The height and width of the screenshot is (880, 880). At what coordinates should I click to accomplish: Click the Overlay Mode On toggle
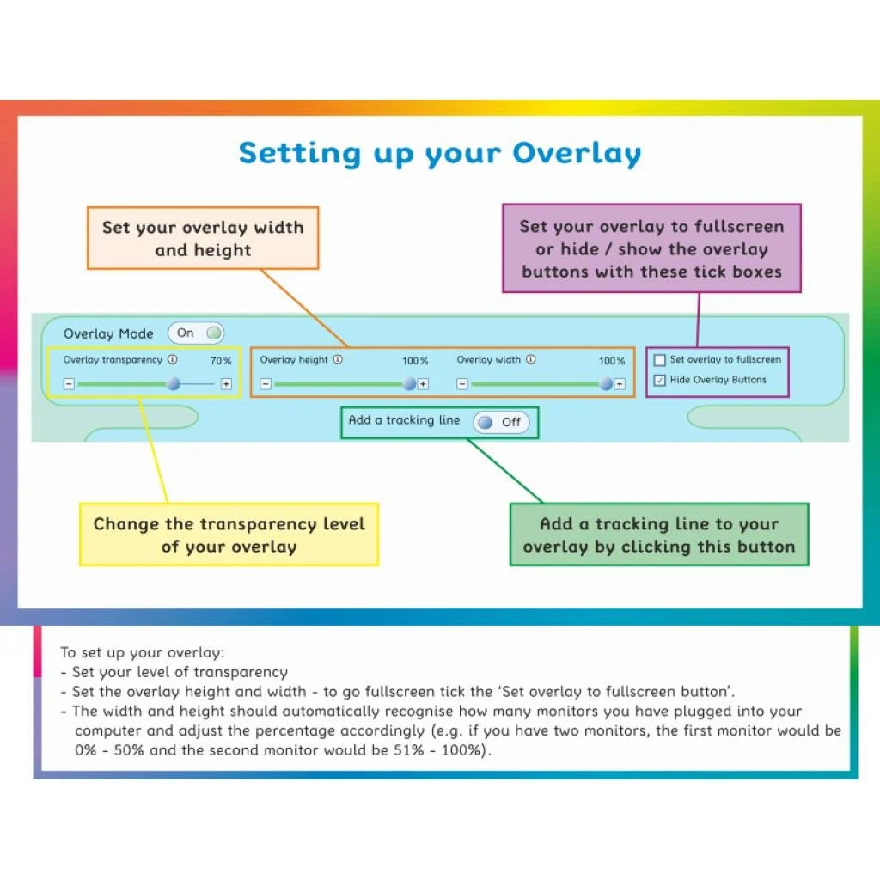tap(196, 333)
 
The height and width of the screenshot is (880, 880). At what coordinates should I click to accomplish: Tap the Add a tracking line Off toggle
tap(501, 422)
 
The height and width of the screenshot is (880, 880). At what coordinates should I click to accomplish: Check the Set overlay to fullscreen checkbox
tap(660, 360)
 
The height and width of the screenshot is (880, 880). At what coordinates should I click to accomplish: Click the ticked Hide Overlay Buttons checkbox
tap(660, 381)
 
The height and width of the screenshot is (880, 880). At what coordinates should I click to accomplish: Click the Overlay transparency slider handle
tap(174, 384)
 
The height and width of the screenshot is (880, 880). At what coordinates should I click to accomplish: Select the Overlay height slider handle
tap(409, 384)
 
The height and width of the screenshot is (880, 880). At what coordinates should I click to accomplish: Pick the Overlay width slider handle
tap(606, 384)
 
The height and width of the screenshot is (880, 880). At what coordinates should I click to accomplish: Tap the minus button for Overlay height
tap(266, 384)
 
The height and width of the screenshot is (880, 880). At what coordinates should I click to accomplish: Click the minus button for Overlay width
tap(462, 384)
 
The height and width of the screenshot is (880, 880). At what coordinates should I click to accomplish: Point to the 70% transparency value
tap(221, 361)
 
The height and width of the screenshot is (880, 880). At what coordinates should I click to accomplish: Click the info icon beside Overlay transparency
tap(172, 360)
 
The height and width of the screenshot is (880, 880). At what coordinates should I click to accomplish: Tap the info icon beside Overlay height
tap(337, 360)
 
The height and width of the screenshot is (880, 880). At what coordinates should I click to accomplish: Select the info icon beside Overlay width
tap(530, 360)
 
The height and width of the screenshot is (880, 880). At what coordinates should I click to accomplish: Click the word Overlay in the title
tap(577, 154)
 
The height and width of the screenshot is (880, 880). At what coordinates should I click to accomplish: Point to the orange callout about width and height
tap(203, 238)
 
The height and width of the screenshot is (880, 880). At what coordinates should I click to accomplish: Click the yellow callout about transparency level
tap(229, 535)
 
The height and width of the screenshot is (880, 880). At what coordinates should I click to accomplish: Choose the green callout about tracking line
tap(659, 535)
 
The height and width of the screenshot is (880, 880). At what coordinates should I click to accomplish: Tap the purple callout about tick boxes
tap(651, 248)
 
